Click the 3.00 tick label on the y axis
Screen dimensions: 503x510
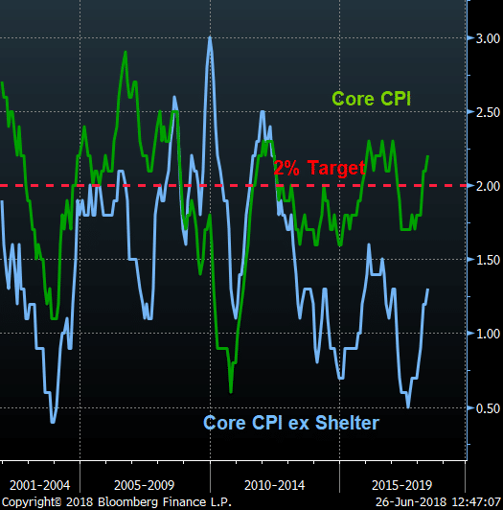(488, 38)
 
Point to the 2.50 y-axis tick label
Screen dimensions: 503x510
(488, 112)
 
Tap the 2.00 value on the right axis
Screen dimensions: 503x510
(488, 186)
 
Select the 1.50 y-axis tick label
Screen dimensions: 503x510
(488, 260)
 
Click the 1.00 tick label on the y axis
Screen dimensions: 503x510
(488, 334)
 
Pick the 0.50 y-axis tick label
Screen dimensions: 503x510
(488, 408)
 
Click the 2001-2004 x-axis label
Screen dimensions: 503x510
(39, 485)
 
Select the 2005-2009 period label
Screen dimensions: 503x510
(145, 485)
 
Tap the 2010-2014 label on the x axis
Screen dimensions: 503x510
(274, 485)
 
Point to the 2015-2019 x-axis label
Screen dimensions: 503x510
(401, 485)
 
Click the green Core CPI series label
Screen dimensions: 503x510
(372, 99)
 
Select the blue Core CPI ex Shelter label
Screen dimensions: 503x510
(291, 423)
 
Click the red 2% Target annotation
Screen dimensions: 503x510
(319, 168)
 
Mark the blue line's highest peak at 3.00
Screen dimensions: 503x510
(210, 37)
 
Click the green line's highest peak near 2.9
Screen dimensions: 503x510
(126, 52)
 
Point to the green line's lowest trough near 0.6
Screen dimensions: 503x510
(231, 391)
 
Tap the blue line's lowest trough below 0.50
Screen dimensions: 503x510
(53, 422)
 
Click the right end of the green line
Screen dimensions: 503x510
(428, 156)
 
